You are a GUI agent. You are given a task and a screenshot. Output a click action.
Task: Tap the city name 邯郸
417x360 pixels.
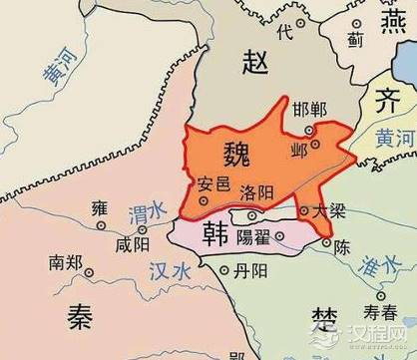310,109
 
